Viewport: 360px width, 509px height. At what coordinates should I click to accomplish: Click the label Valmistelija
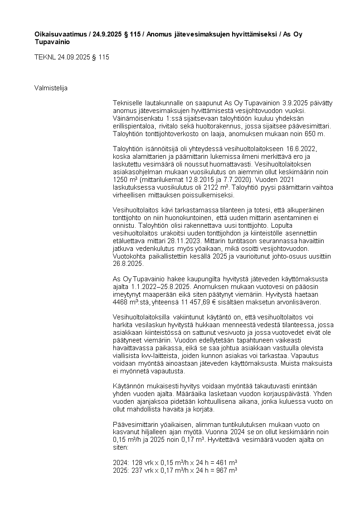click(51, 88)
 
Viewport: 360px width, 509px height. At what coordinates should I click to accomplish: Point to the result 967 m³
click(227, 470)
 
